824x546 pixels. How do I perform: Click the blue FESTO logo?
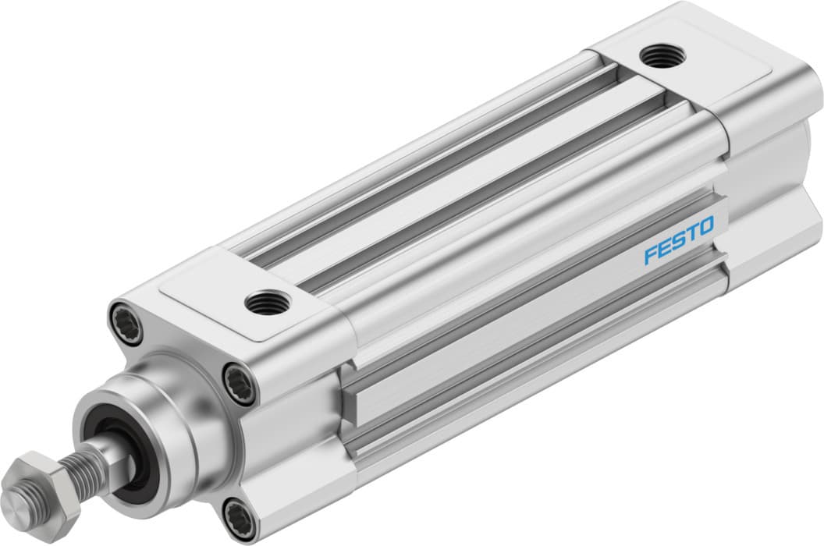coord(678,240)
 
